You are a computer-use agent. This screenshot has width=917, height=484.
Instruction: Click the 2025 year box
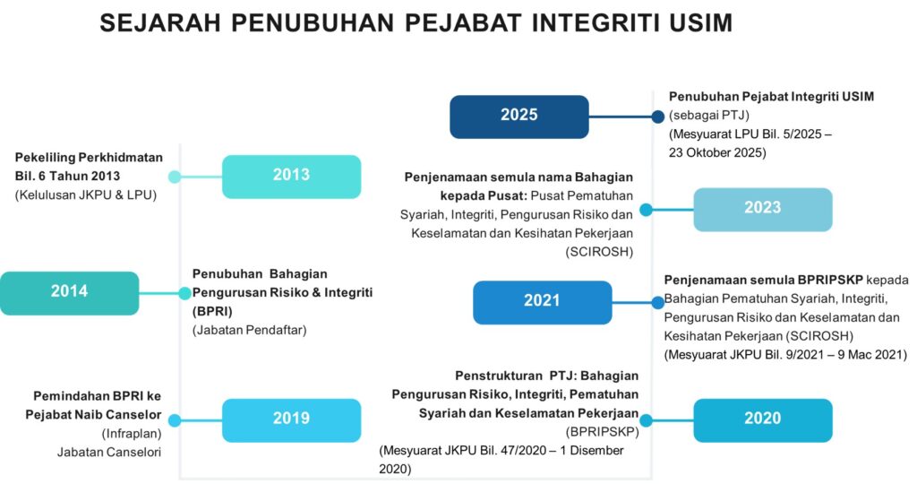(519, 117)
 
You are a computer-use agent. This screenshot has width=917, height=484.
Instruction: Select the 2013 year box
(291, 177)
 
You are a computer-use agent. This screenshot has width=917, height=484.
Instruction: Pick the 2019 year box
(291, 420)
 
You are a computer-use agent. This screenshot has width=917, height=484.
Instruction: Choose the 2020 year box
(763, 420)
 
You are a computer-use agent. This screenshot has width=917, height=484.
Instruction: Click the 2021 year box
(542, 303)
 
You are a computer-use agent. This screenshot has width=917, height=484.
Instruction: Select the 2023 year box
(763, 210)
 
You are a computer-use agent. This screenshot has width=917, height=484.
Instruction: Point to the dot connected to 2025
(658, 117)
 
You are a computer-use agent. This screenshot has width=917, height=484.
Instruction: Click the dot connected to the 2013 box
(175, 177)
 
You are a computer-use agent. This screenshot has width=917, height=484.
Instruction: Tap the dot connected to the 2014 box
(184, 293)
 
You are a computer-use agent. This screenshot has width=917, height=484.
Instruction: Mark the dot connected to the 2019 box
(175, 420)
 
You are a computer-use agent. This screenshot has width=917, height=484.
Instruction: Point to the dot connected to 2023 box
(646, 210)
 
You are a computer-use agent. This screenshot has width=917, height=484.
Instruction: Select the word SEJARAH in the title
(160, 22)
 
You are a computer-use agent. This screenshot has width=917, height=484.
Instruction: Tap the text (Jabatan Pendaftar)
(249, 330)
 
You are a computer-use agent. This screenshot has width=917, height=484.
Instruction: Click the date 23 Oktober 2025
(717, 152)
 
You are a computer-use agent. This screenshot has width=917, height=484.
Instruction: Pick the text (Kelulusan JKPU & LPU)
(86, 194)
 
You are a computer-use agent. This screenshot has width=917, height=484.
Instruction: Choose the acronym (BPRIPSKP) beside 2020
(602, 433)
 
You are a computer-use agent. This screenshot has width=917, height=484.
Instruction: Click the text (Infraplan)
(132, 434)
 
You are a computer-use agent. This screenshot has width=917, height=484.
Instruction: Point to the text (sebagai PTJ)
(709, 116)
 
